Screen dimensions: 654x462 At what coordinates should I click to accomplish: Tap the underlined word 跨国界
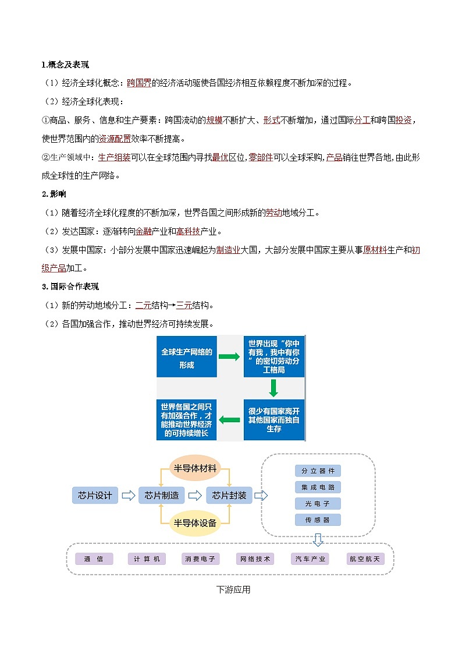point(139,83)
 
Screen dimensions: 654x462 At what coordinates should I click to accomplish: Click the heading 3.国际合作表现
point(70,287)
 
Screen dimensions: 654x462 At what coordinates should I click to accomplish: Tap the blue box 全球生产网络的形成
point(186,356)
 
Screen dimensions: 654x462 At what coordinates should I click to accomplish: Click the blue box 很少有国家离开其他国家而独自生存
point(273,419)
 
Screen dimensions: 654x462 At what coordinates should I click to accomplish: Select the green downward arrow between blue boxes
point(273,388)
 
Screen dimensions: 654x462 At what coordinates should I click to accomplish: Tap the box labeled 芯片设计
point(94,495)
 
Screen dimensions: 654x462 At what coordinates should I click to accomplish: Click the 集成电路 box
point(318,487)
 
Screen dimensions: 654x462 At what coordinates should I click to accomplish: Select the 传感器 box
point(318,519)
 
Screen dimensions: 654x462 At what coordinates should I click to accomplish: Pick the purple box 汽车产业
point(310,558)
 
